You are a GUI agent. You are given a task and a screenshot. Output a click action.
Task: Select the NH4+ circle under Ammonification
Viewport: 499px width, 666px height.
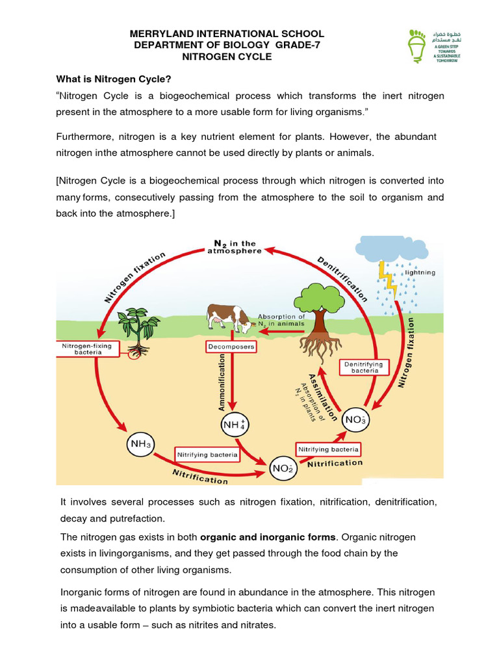pos(234,425)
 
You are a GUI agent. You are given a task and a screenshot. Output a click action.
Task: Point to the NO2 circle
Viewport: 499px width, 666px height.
pos(283,468)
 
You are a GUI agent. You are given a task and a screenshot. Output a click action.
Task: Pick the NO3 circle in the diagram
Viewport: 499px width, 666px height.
pos(356,420)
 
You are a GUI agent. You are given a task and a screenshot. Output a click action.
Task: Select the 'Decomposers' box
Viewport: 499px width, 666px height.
pos(231,347)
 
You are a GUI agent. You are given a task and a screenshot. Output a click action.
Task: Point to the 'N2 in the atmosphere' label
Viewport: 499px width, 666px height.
pos(235,246)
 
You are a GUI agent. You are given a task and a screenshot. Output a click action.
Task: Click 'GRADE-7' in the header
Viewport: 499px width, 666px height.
pos(297,45)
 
